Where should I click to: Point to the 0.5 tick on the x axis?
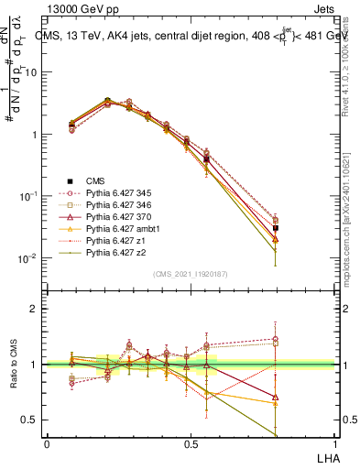click(190, 443)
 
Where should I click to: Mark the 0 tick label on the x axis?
click(47, 443)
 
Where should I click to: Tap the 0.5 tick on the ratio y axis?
click(31, 420)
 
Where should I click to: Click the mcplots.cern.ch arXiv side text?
click(351, 229)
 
